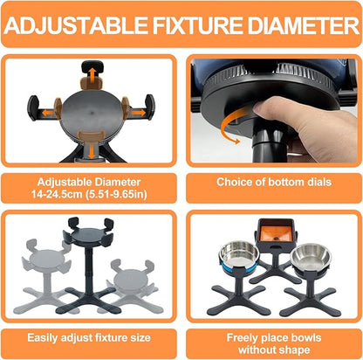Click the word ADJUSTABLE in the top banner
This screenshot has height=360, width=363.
(x=76, y=24)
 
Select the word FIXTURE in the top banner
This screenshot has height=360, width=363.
(x=197, y=24)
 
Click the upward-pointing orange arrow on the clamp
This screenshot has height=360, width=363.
(x=92, y=76)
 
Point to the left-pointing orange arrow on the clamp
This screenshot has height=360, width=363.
(x=48, y=113)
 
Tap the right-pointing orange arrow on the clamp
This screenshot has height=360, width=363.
(x=139, y=112)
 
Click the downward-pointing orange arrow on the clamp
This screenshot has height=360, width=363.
(x=92, y=152)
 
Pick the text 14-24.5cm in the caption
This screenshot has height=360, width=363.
(x=57, y=194)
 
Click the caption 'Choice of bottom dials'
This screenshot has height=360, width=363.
(x=274, y=182)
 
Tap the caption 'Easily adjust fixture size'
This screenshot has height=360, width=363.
(x=89, y=338)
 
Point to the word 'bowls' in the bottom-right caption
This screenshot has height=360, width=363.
(x=305, y=338)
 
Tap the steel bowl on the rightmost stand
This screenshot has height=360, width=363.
(x=311, y=259)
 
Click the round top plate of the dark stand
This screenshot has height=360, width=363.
(x=88, y=235)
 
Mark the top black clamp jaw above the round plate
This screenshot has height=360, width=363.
(x=92, y=66)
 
